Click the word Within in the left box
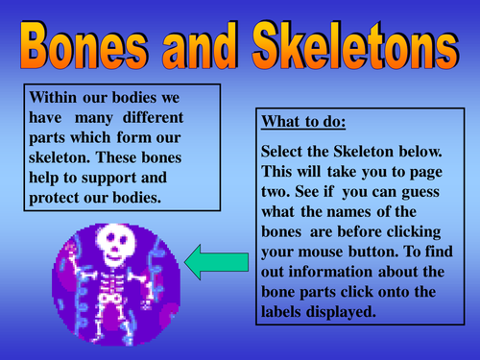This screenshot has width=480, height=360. coord(54,97)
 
